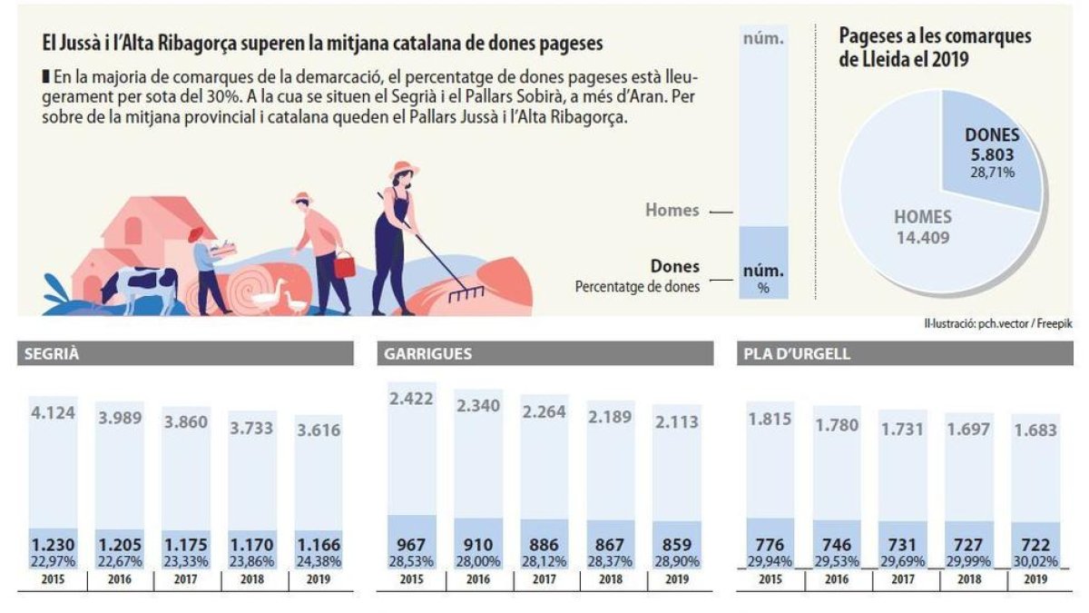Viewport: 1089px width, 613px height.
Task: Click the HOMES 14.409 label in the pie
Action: point(922,227)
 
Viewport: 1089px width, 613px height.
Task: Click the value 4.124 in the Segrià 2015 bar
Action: point(53,414)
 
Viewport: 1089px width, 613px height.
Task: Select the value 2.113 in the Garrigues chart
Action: point(676,420)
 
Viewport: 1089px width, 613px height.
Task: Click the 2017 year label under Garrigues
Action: point(544,578)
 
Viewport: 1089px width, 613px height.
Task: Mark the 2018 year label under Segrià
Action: point(252,578)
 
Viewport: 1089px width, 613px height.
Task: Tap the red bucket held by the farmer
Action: point(344,266)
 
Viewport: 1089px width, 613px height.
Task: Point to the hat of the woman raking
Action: point(404,170)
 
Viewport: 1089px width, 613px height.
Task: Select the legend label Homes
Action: point(672,210)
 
